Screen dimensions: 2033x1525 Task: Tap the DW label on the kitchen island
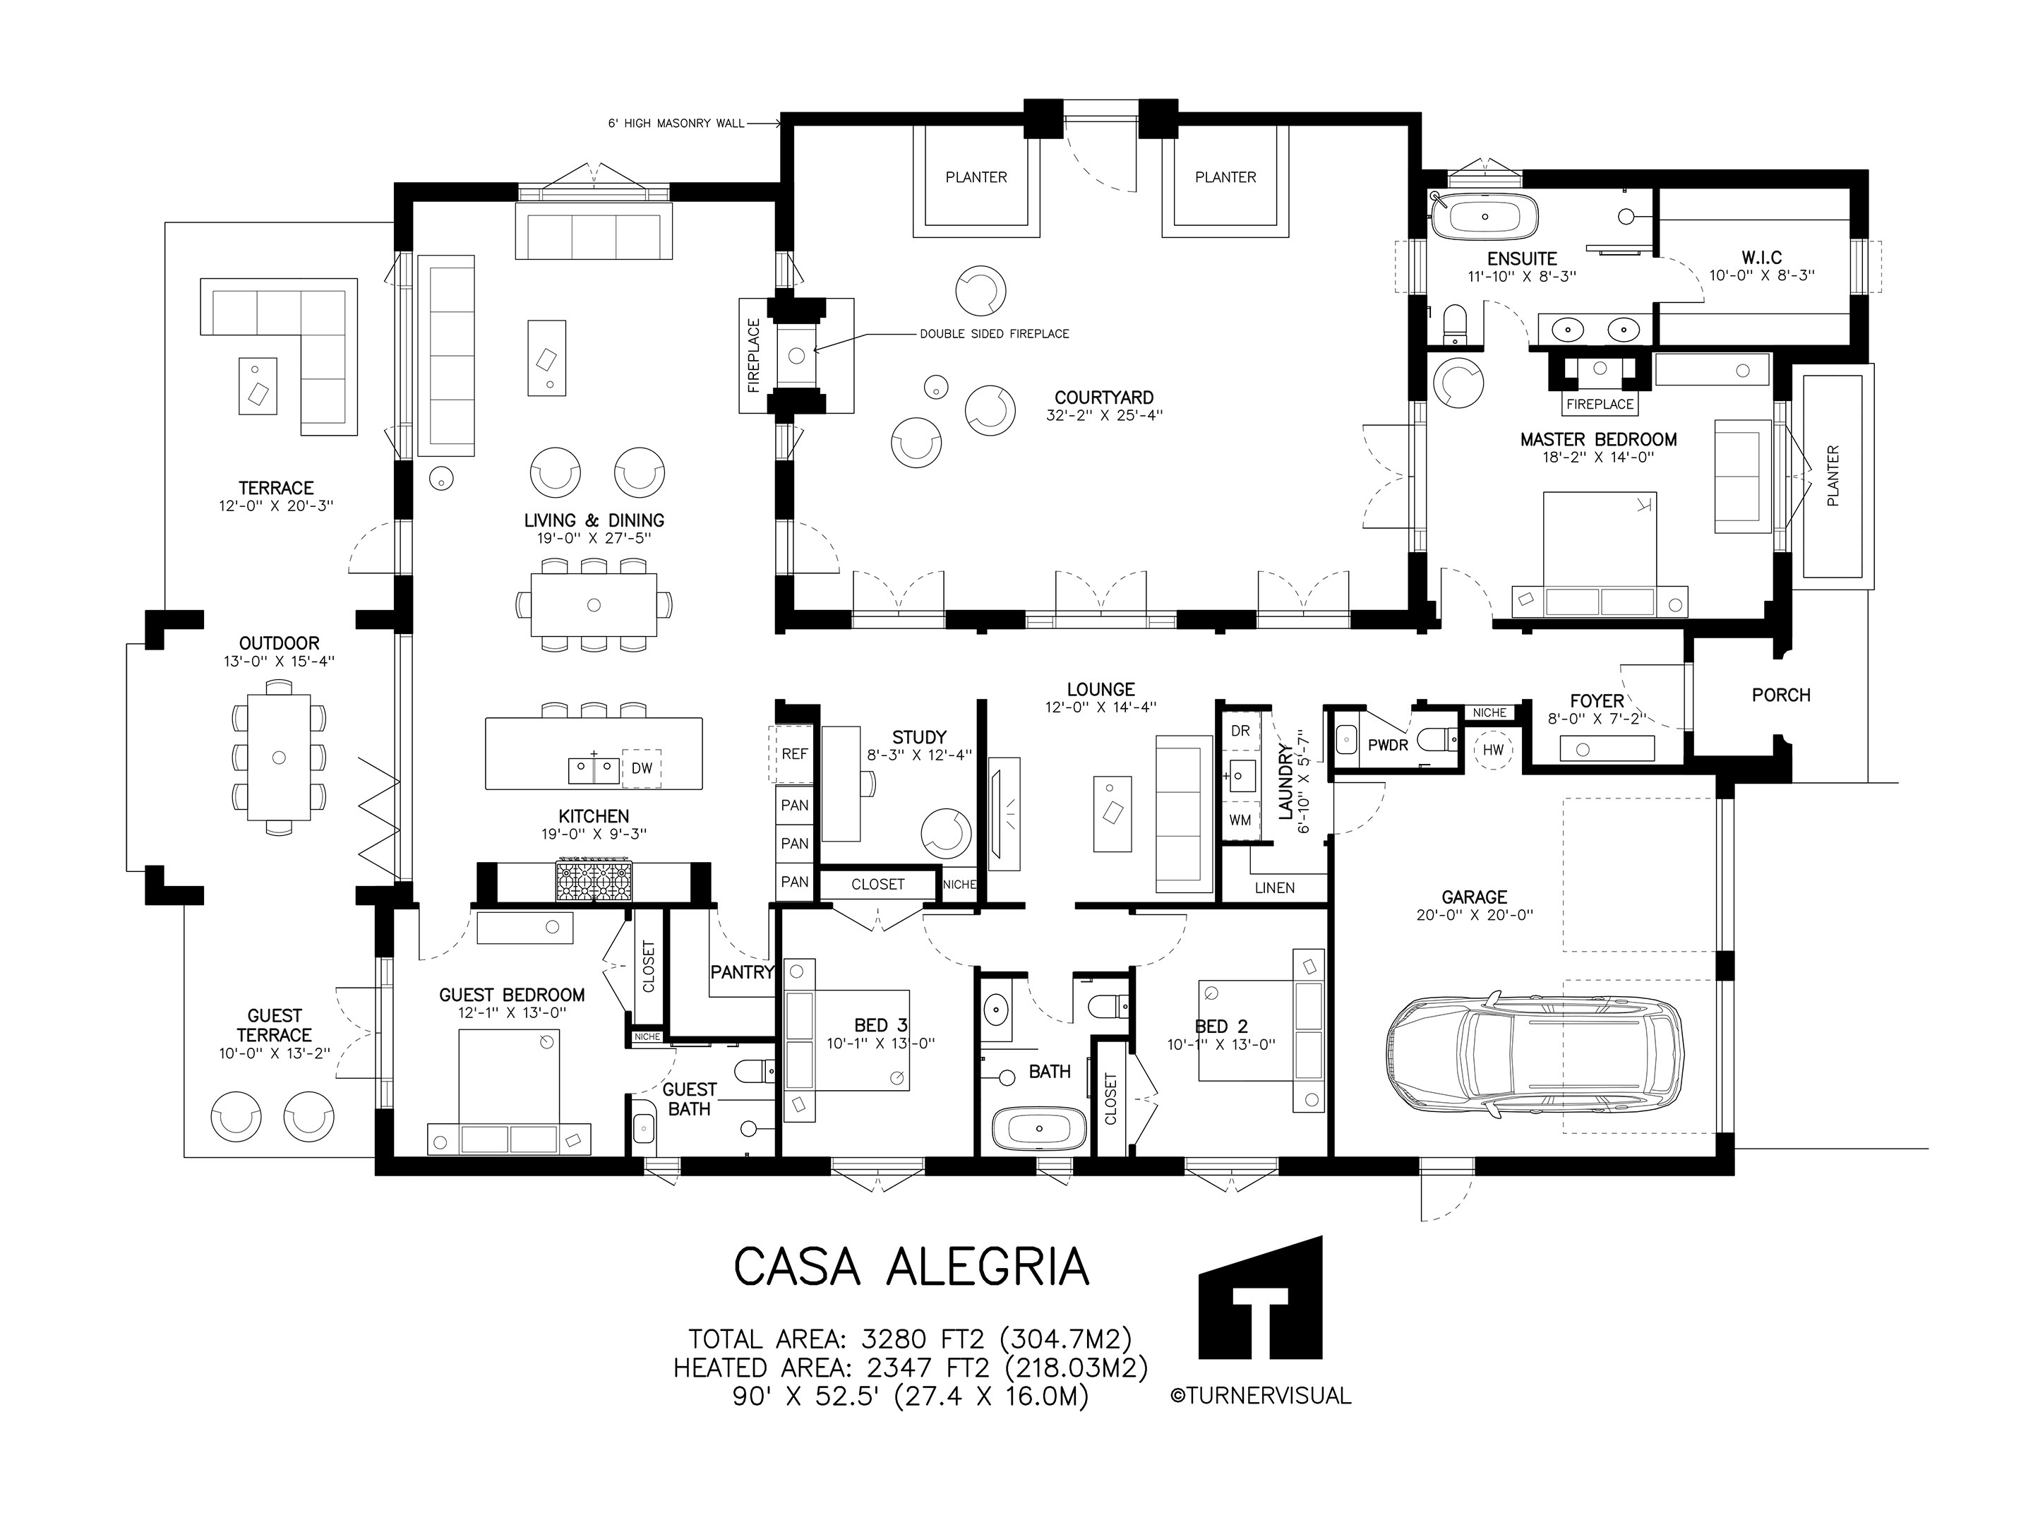[x=642, y=767]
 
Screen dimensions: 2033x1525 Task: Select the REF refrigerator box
[x=794, y=754]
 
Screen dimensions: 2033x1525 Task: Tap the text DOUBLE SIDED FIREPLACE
[x=995, y=334]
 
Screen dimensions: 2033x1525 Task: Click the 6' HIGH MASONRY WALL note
[x=676, y=123]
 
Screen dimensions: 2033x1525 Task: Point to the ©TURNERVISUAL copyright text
[x=1260, y=1395]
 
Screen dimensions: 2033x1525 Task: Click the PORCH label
[x=1781, y=695]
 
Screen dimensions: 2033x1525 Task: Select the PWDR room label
[x=1388, y=746]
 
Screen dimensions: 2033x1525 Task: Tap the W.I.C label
[x=1761, y=258]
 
